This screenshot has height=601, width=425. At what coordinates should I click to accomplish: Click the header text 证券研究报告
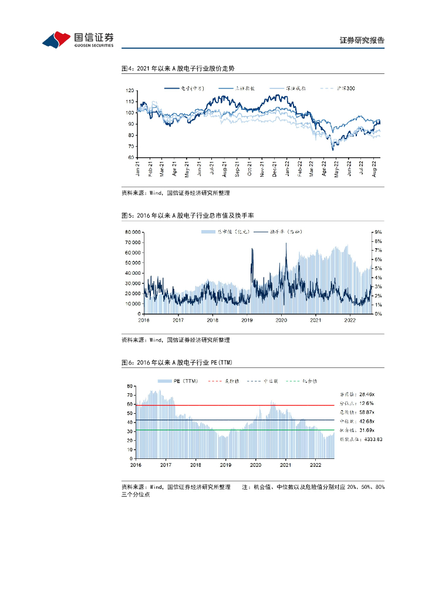(362, 40)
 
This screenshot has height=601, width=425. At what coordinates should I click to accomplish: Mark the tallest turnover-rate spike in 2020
(286, 244)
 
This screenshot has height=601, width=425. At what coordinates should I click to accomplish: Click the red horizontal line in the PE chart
(235, 405)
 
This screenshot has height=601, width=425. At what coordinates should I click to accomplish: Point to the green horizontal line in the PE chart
(235, 430)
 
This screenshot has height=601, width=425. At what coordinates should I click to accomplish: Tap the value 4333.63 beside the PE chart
(370, 439)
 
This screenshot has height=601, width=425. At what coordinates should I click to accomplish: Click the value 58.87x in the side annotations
(370, 412)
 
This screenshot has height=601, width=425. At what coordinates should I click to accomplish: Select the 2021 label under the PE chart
(285, 464)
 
